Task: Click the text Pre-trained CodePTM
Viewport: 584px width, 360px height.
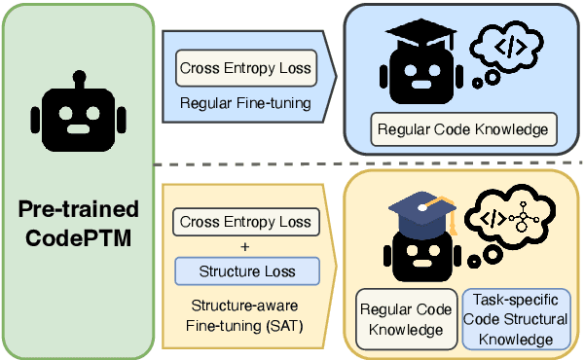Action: coord(78,222)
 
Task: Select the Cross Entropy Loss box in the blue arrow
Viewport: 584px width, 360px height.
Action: coord(245,69)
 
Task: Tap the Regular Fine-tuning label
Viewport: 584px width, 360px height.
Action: coord(245,100)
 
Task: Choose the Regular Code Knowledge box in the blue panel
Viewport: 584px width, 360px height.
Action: coord(462,127)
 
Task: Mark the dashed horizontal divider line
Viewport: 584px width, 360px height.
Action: coord(370,163)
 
